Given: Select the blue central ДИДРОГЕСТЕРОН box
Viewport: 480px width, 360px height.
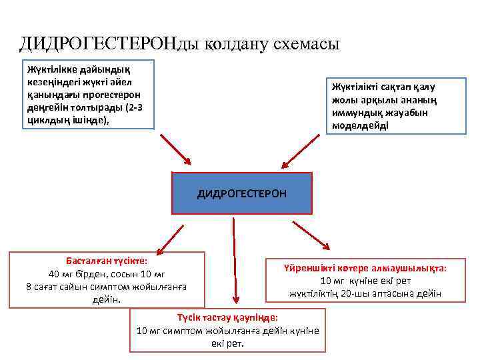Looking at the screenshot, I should (x=242, y=193).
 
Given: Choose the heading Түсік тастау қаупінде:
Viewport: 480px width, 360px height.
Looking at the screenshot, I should (x=227, y=318).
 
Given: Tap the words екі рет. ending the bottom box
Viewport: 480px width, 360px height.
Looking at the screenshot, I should (x=228, y=343).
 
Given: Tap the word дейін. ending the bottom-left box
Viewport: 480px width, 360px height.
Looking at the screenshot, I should (x=107, y=299).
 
